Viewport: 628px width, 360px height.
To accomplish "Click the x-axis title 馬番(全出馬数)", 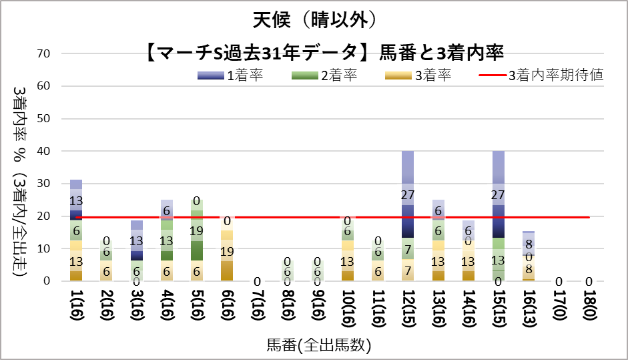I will point(318,345).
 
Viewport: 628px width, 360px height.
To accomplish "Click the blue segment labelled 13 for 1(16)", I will point(76,200).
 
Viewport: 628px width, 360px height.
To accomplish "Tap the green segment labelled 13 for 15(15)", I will point(497,259).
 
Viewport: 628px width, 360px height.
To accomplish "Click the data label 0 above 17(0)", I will point(559,281).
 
